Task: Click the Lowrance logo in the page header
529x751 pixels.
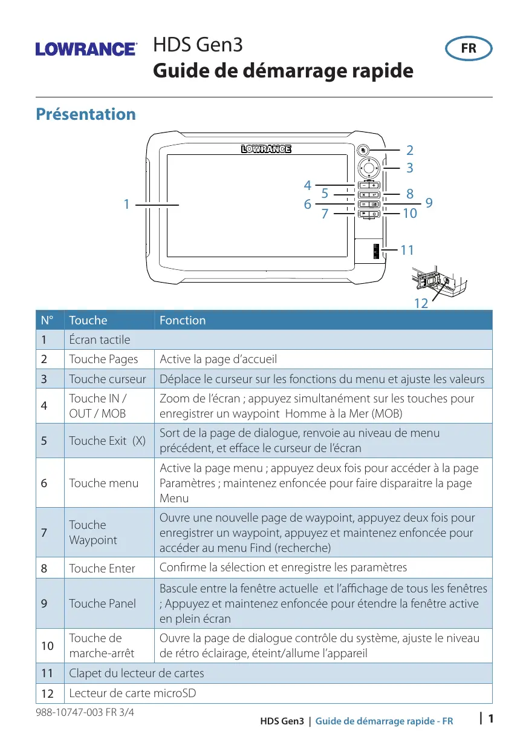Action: (x=86, y=49)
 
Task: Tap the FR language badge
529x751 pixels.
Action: (x=469, y=49)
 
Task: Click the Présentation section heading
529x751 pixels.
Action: (x=86, y=114)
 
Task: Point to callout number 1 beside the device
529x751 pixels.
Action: (x=126, y=205)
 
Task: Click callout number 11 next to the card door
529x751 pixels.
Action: (x=407, y=249)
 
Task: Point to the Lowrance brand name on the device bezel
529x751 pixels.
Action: (x=267, y=149)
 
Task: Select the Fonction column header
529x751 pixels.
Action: (x=183, y=320)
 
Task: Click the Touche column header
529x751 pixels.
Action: (x=88, y=320)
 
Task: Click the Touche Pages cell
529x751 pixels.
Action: (x=103, y=359)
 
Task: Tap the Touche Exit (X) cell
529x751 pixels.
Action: (x=107, y=441)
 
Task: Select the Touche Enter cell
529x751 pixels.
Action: (x=102, y=568)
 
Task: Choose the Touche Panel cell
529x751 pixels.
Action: (x=103, y=603)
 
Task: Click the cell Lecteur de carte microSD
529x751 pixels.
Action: (x=132, y=693)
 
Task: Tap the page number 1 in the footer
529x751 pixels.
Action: (x=491, y=719)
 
